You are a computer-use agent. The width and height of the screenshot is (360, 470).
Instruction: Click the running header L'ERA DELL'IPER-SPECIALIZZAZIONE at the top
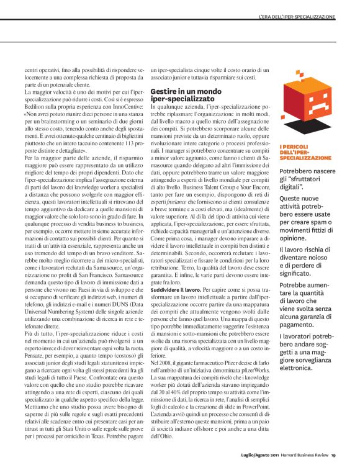[308, 14]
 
